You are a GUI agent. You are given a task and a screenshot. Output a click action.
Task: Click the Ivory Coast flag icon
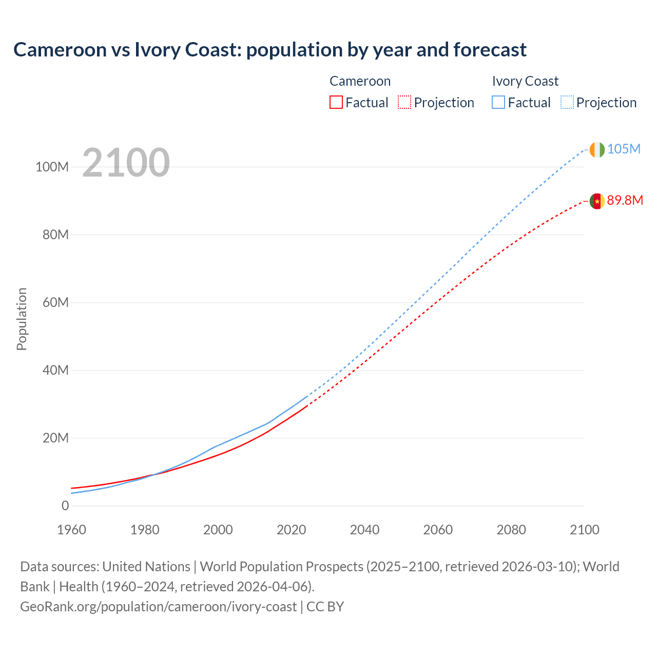coord(597,149)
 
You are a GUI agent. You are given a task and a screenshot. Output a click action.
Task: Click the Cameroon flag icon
coord(597,201)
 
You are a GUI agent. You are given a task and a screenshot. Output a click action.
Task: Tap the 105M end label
coord(624,149)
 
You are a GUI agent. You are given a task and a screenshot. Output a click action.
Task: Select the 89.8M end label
coord(625,200)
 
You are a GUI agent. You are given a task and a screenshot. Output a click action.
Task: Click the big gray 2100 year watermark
coord(126,163)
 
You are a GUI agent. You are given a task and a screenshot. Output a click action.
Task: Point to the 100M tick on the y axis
coord(52,167)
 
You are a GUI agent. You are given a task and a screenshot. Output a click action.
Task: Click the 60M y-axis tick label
coord(55,302)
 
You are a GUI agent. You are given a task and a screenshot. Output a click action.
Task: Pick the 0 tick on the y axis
coord(65,506)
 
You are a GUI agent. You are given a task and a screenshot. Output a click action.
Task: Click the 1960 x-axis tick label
coord(71,530)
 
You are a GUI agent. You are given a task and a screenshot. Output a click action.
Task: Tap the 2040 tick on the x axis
coord(364,530)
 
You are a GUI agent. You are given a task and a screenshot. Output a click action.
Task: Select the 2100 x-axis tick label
coord(584,530)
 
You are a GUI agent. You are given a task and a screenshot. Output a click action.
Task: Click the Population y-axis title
coord(22,319)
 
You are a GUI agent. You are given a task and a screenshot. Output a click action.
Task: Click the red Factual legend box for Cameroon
coord(336,102)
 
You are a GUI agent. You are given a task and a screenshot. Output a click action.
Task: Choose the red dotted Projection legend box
coord(404,102)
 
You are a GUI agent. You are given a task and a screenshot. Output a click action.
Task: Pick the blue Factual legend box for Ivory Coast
coord(498,102)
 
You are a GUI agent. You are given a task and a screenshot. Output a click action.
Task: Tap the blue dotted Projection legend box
coord(567,102)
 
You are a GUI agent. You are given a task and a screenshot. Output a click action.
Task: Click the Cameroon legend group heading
coord(360,81)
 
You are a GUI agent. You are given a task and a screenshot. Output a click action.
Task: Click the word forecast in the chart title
coord(490,50)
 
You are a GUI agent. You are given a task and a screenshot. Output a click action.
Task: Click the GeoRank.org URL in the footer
coord(158,607)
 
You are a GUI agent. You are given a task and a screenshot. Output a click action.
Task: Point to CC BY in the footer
coord(325,607)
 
